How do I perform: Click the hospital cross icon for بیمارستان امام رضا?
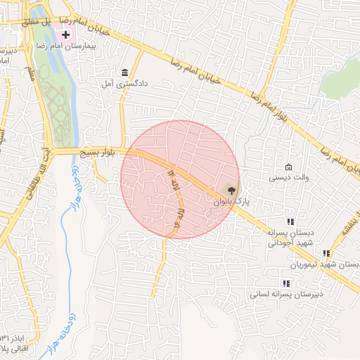[65, 34]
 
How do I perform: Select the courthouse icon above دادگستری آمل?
[124, 73]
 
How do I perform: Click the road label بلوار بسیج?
[96, 153]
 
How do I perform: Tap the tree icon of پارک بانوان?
[229, 190]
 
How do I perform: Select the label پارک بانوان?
[232, 202]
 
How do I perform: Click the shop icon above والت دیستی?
[289, 167]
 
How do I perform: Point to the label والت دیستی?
[285, 179]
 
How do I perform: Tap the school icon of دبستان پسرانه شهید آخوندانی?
[290, 221]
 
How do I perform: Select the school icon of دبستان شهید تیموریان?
[326, 253]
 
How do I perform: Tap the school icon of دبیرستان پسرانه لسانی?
[285, 283]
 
